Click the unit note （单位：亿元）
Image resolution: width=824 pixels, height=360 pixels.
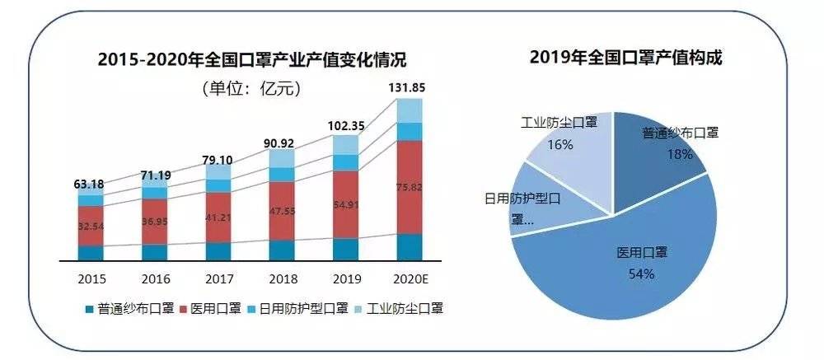point(250,87)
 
